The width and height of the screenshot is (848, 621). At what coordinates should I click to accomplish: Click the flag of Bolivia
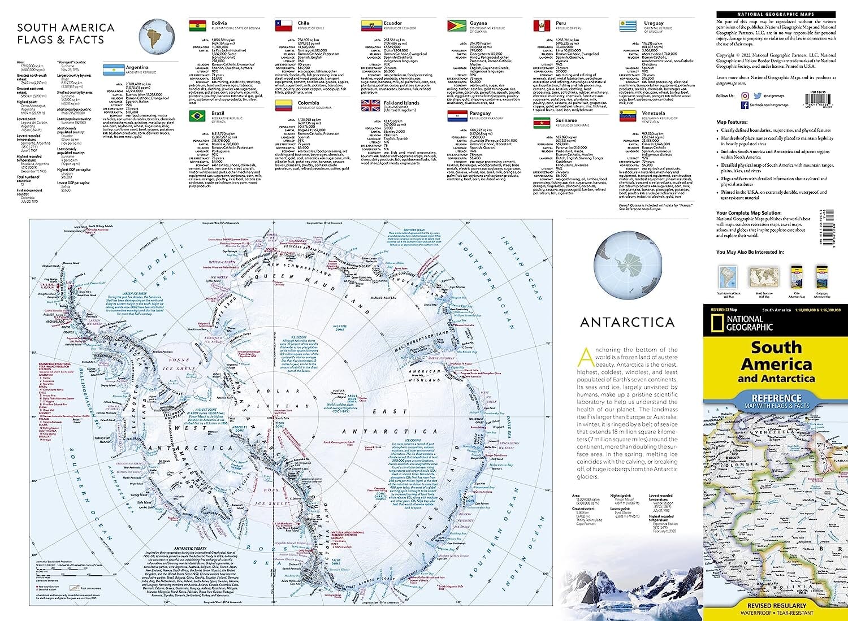(x=197, y=26)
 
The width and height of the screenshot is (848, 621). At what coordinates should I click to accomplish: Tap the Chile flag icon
(x=283, y=26)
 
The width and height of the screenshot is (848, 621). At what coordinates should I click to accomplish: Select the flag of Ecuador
(x=370, y=26)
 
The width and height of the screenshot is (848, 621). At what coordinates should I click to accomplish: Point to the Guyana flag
(x=456, y=26)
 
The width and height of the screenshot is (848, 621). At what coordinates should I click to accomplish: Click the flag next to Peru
(x=542, y=26)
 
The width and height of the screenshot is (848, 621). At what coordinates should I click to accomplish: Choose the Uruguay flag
(x=628, y=26)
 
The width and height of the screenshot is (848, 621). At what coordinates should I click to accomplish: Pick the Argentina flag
(x=114, y=70)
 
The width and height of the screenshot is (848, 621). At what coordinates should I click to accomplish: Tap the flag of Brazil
(x=197, y=116)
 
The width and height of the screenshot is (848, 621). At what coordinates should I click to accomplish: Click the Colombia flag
(x=283, y=106)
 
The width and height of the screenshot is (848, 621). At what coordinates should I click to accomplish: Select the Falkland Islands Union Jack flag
(x=370, y=106)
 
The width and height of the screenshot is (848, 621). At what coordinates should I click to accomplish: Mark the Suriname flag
(x=542, y=123)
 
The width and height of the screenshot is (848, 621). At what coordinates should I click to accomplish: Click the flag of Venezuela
(x=628, y=116)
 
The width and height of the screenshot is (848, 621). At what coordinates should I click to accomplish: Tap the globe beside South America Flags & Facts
(x=157, y=35)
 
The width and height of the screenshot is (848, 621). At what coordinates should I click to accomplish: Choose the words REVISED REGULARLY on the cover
(x=776, y=605)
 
